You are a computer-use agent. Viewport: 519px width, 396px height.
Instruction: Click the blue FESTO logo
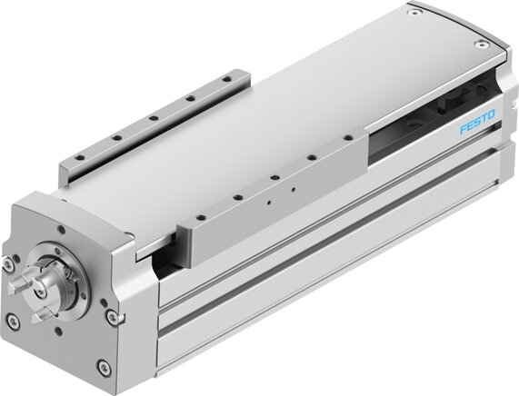point(477,122)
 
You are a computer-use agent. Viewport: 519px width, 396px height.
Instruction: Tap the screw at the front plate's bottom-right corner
point(104,366)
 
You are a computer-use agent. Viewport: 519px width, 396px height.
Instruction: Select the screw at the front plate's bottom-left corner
point(13,321)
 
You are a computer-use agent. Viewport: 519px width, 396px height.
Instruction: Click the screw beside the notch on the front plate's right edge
point(112,316)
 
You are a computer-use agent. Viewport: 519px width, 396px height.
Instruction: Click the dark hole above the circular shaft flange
point(61,229)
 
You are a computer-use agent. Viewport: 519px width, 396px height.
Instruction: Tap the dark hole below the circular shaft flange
point(59,332)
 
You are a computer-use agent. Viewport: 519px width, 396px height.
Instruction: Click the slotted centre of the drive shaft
point(40,292)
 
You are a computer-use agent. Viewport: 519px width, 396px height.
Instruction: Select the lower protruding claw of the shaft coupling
point(39,317)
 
